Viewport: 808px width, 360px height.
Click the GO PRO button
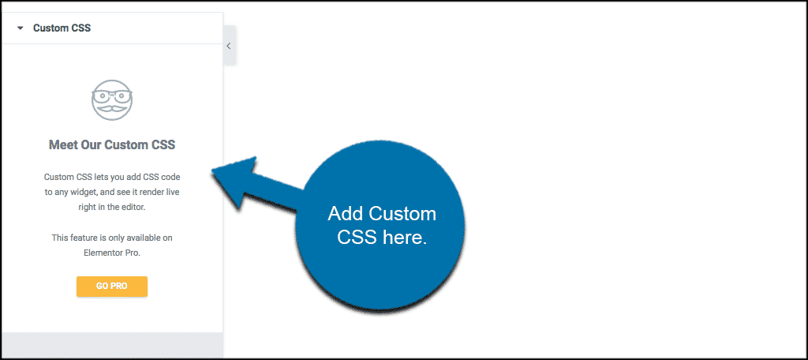point(112,287)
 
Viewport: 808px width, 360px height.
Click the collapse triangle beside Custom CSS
point(20,28)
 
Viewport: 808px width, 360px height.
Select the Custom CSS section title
point(62,28)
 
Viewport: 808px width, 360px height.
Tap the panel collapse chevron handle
point(229,45)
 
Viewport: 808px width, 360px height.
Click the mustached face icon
point(112,100)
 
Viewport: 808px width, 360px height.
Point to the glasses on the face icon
point(112,96)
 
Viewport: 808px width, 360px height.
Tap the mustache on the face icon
point(112,109)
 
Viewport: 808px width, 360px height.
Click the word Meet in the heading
point(64,145)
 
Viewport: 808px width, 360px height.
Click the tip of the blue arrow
point(211,171)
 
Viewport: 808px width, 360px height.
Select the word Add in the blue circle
point(346,213)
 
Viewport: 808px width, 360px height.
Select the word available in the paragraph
point(143,238)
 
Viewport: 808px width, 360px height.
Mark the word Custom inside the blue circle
point(402,213)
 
